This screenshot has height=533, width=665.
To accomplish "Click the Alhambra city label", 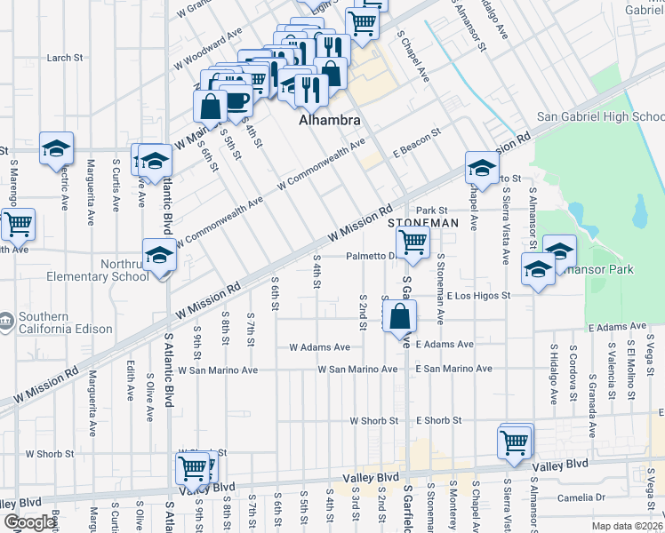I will coord(330,119).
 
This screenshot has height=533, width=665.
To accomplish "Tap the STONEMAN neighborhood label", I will coord(423,222).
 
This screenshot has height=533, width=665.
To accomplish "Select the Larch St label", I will coord(65,58).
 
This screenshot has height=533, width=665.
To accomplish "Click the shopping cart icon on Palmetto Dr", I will coord(413,241).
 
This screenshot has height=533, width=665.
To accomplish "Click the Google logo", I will coord(28,522).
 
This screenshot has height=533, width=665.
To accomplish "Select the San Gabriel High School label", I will coord(601,117).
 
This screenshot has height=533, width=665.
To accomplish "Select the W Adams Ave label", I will coord(318,347).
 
